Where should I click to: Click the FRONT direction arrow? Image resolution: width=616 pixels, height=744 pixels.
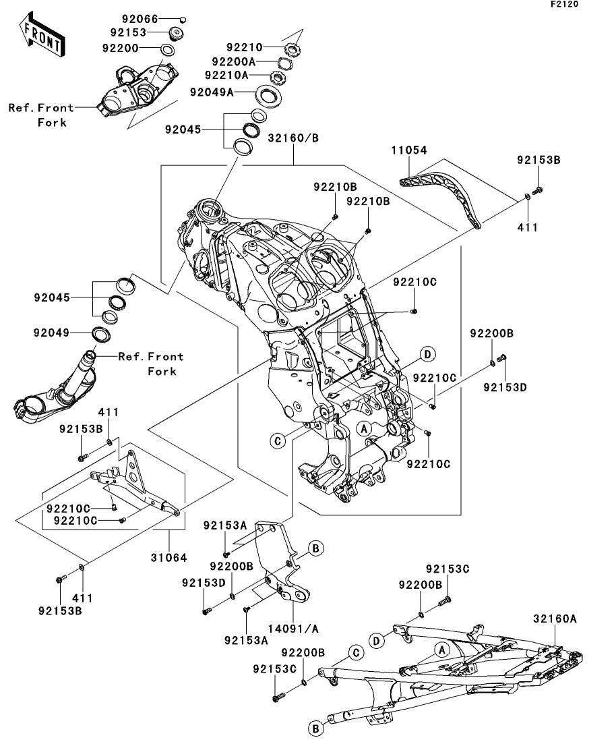coord(42,37)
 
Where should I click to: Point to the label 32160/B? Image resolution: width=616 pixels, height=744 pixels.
coord(293,138)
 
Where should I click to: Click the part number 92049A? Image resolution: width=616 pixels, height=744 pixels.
coord(212,92)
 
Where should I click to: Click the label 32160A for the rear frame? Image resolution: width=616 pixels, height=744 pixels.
coord(555,618)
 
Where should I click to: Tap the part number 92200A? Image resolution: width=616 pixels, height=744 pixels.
coord(232,61)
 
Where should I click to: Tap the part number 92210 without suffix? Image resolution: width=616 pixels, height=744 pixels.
coord(244,48)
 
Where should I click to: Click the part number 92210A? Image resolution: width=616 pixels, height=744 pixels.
coord(226,75)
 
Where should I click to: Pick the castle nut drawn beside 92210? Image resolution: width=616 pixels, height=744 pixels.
coord(294,49)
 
